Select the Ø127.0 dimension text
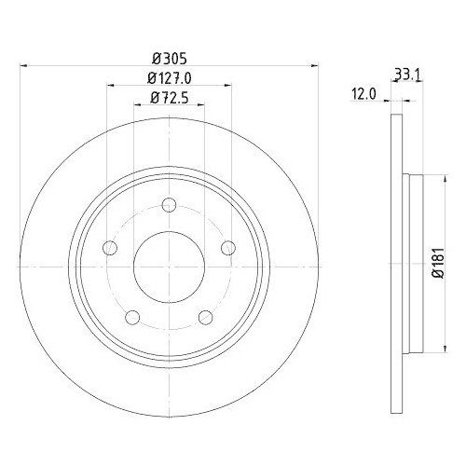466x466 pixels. point(168,78)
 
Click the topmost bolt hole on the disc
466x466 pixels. point(168,207)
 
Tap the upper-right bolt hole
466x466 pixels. point(226,248)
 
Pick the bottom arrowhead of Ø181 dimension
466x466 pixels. point(434,350)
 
